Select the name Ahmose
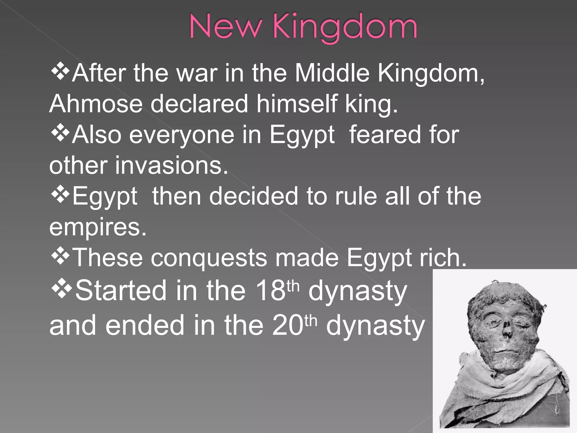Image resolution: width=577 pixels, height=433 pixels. click(96, 104)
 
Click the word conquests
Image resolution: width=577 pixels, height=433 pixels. click(209, 258)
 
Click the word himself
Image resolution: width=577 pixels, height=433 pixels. click(297, 104)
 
